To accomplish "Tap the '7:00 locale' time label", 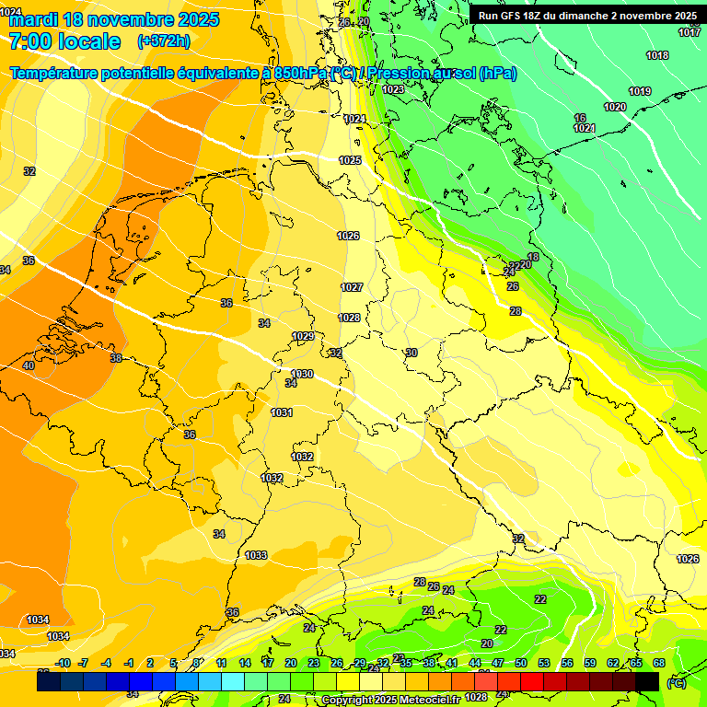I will coord(64,41).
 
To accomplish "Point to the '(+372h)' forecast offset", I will coord(164,41).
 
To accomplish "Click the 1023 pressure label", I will coord(393,89).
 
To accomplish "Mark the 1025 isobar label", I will coord(350,160).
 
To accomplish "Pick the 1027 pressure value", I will coord(352,287).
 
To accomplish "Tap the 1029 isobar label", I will coord(303,336).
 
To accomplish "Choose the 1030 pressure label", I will coord(302,374).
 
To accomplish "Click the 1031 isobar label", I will coord(282,412).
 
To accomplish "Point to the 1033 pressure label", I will coord(256,555).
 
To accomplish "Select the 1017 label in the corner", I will coord(690,32).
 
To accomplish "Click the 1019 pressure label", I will coord(640,91).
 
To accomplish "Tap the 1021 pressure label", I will coord(584,128).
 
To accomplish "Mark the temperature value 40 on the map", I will coord(29,365).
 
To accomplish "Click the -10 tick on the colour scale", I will coord(63,663).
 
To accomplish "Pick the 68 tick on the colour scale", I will coord(659,663).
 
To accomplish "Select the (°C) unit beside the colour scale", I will coord(676,683).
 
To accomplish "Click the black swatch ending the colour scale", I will coord(647,681).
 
